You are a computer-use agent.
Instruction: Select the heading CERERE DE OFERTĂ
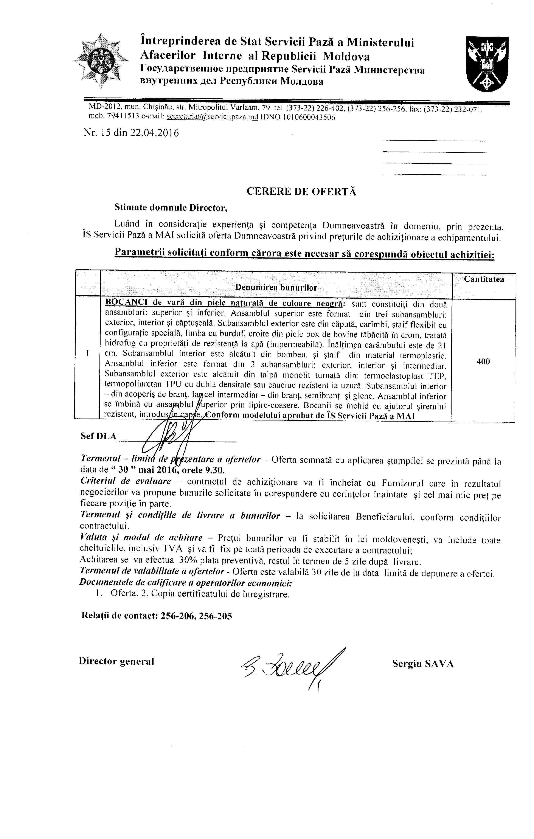pos(301,192)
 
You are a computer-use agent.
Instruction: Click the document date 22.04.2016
pos(154,133)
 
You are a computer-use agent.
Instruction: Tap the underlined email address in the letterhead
pos(212,117)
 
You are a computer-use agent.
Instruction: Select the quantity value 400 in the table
pos(483,362)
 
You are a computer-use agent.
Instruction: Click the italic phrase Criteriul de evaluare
pos(126,481)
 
